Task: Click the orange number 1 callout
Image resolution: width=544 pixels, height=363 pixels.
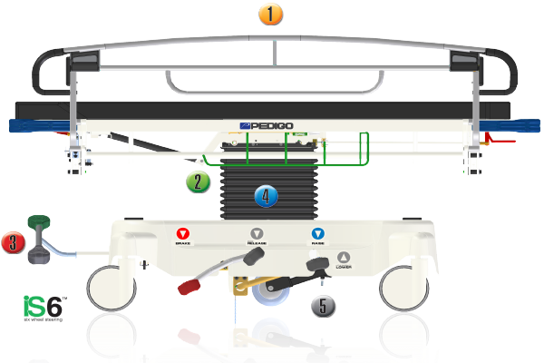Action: (x=271, y=15)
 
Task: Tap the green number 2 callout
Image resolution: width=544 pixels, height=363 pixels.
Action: (x=199, y=182)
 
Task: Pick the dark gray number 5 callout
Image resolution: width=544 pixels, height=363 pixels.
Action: (x=324, y=305)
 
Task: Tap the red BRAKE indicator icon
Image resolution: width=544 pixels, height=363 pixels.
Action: (x=182, y=233)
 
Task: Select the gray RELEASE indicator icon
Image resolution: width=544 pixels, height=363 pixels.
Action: (x=257, y=233)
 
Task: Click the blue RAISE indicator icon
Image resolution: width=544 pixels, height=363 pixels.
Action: (x=317, y=233)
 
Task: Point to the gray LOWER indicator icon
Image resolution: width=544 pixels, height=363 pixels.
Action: (x=343, y=257)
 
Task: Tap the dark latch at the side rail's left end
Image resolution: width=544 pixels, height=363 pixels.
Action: (x=83, y=63)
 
